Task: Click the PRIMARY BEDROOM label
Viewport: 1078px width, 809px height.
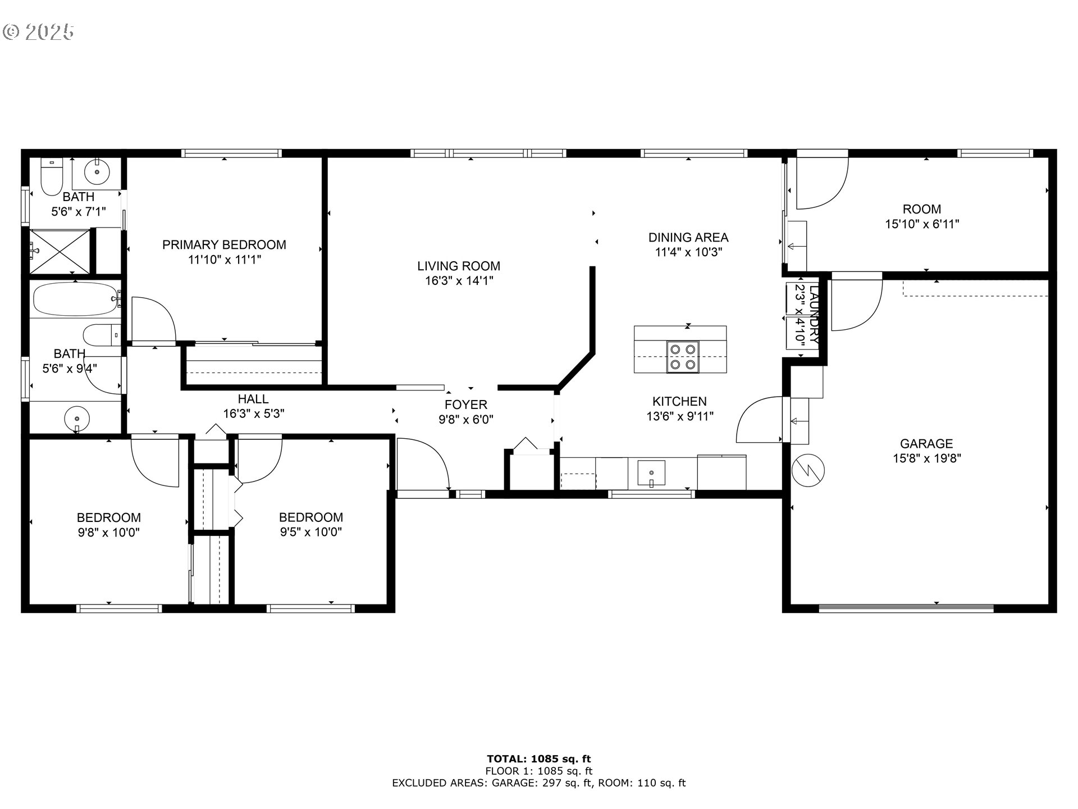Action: (x=224, y=245)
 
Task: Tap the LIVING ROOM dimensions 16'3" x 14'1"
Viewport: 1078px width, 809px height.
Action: (x=459, y=281)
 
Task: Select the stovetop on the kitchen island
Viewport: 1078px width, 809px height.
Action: (x=683, y=357)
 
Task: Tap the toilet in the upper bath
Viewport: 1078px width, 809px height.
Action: (x=52, y=176)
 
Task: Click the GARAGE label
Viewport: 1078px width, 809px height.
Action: (x=926, y=444)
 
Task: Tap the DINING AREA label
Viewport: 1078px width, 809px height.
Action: (x=688, y=238)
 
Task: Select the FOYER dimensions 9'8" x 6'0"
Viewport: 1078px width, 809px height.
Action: (x=466, y=419)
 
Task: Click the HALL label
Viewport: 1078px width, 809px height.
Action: (x=253, y=399)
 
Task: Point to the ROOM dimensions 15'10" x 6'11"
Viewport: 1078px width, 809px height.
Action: (x=922, y=224)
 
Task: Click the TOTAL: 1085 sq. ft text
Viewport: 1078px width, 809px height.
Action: (x=538, y=760)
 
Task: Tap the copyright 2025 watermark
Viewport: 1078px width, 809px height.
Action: (x=38, y=32)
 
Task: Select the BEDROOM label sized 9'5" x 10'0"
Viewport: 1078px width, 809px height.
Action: (x=311, y=517)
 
